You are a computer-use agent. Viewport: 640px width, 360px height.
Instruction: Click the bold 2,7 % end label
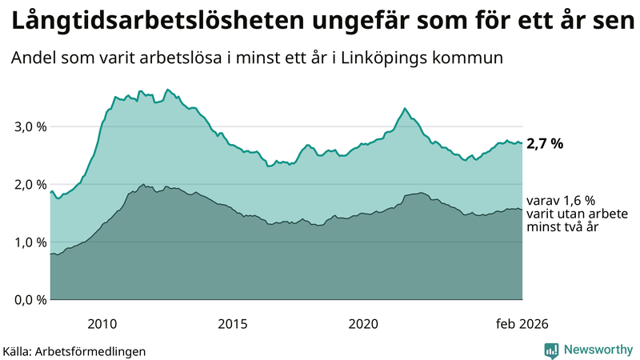(545, 144)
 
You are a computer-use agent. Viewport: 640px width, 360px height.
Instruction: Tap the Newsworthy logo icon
(551, 350)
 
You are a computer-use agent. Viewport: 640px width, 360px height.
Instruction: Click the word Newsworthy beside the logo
(598, 350)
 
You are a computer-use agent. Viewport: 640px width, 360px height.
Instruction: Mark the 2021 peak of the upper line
(405, 108)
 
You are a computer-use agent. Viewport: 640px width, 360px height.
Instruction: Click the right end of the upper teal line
(522, 144)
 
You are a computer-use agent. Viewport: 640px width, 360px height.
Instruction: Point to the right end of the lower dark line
(522, 210)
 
